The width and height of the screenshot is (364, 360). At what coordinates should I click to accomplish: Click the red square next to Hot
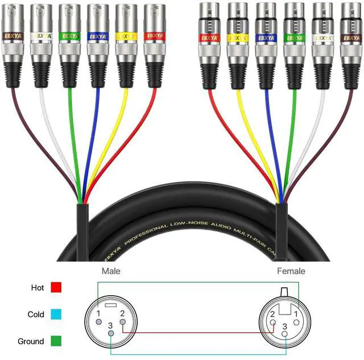pos(56,287)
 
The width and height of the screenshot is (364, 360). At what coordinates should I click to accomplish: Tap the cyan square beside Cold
pos(56,314)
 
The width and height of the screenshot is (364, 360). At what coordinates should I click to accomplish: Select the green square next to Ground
pos(56,341)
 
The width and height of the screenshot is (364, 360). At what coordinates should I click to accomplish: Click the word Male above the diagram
pos(111,271)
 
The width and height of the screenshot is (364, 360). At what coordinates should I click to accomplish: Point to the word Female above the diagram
pos(291,271)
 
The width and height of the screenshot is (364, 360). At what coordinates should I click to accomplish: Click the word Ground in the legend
pos(31,341)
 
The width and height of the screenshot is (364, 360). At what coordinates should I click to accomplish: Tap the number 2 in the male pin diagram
pos(122,315)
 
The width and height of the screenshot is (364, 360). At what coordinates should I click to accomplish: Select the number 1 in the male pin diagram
pos(98,314)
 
